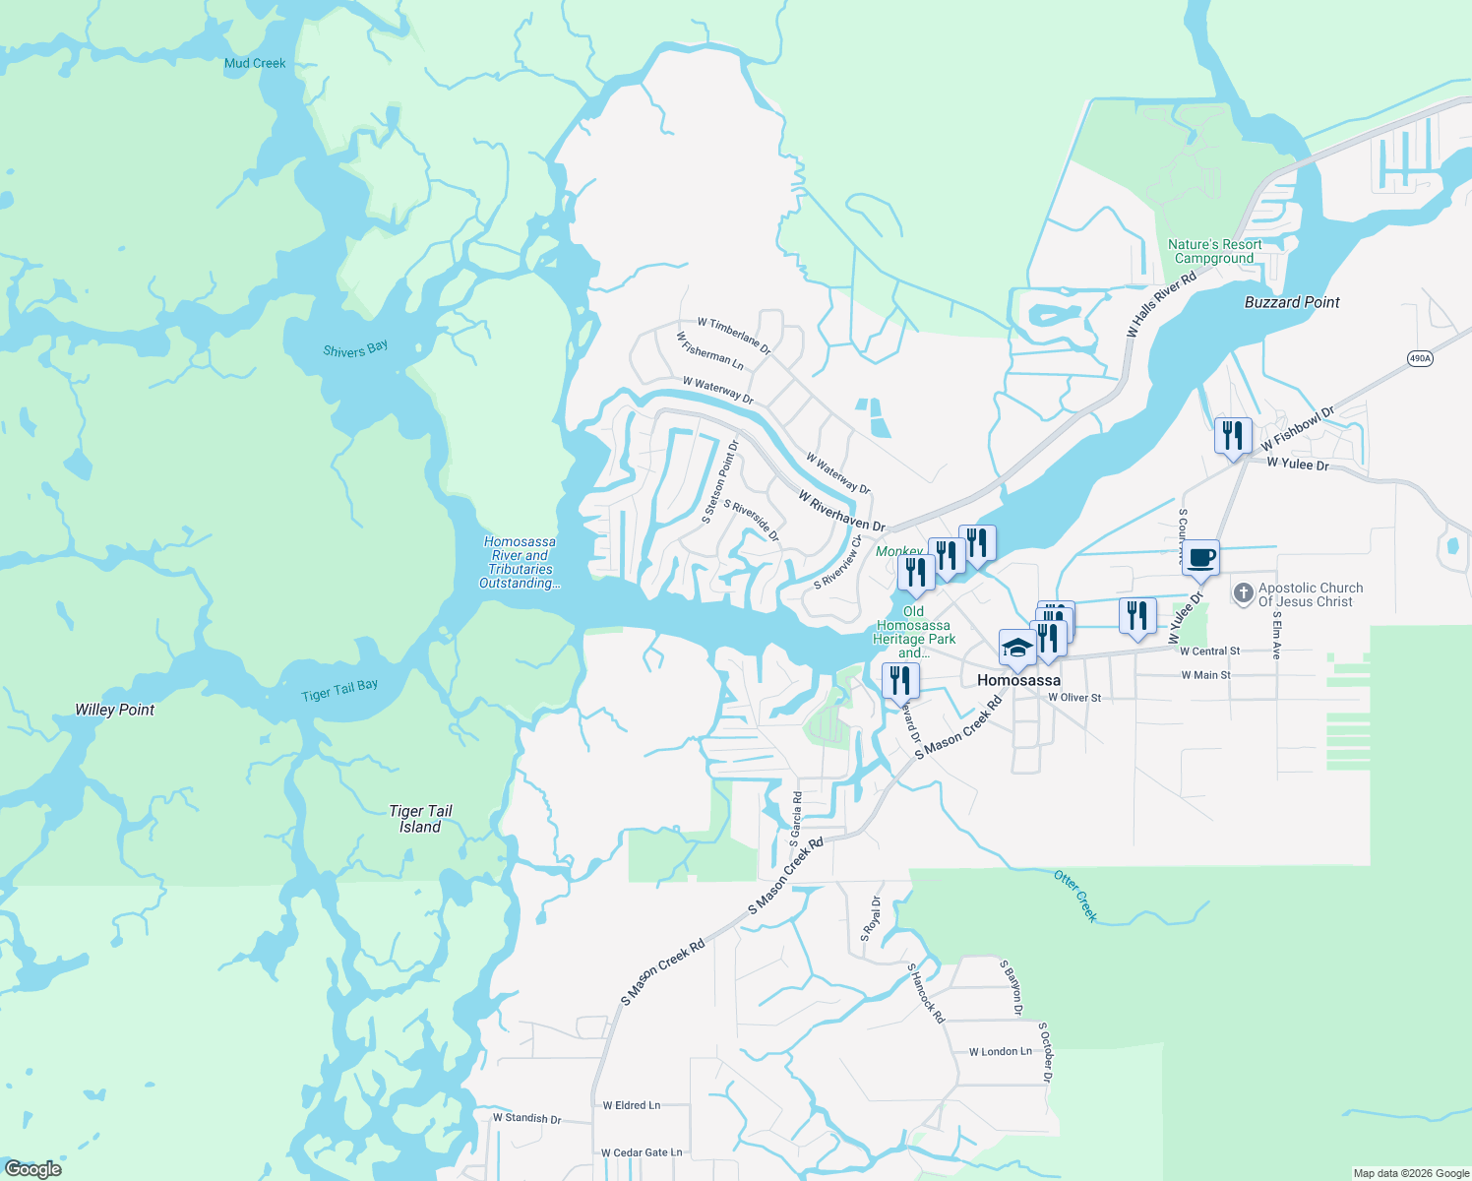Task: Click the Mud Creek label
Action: tap(255, 64)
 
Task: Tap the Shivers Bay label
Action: tap(355, 349)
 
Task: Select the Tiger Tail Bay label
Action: tap(339, 691)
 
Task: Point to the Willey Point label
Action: tap(115, 710)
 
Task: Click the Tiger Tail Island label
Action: tap(420, 819)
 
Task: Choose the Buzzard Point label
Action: tap(1292, 303)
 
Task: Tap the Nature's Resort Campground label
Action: tap(1214, 252)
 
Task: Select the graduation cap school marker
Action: tap(1016, 649)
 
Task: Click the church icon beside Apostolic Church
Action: tap(1243, 594)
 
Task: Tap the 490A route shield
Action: tap(1419, 358)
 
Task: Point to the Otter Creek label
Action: tap(1075, 895)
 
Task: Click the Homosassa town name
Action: tap(1018, 681)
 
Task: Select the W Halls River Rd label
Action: tap(1162, 304)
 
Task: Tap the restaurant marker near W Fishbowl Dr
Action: tap(1233, 435)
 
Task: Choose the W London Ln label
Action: tap(1001, 1052)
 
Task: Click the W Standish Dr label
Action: tap(526, 1118)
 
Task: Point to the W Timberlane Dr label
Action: tap(734, 336)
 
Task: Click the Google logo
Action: tap(32, 1169)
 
